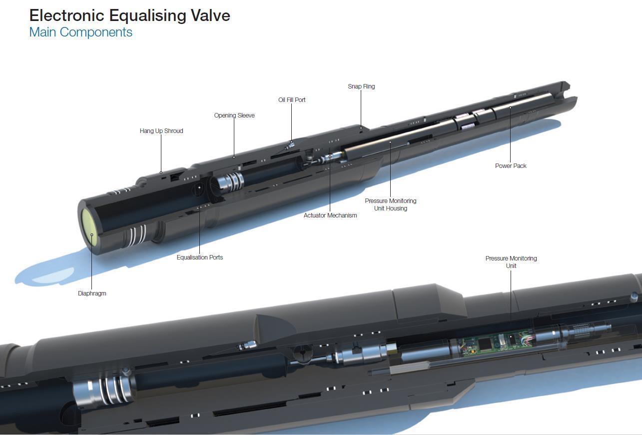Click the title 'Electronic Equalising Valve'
pos(129,15)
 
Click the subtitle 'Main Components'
pos(80,32)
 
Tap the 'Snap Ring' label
pos(361,86)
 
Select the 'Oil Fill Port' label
pos(292,100)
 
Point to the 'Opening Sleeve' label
pos(234,115)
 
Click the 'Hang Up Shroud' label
pos(161,131)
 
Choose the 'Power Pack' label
pos(511,166)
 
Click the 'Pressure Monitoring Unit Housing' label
pos(390,204)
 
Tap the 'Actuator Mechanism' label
pos(330,215)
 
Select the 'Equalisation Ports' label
pos(199,257)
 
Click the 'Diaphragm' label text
pos(92,293)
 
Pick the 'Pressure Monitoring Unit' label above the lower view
pos(511,262)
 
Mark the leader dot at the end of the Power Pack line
pos(510,107)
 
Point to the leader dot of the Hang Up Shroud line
pos(161,172)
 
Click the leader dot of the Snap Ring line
pos(361,128)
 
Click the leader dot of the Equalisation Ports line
pos(199,187)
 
